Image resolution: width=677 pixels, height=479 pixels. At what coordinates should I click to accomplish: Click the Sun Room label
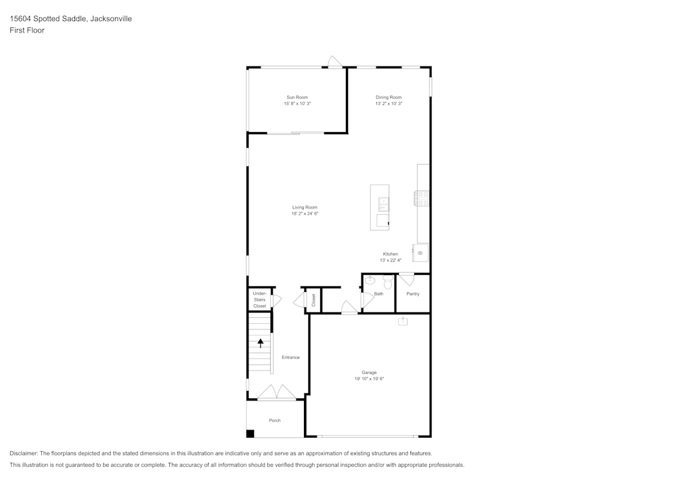297,98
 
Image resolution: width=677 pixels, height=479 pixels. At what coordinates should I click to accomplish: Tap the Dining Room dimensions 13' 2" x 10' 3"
389,104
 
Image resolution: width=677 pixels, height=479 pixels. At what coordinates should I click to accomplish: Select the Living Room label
305,207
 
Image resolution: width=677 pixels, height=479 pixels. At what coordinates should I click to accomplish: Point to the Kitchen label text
391,254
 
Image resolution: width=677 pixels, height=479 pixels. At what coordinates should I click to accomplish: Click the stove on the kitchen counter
422,197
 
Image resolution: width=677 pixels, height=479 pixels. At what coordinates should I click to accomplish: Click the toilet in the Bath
388,281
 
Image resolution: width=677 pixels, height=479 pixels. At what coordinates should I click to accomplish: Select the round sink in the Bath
370,280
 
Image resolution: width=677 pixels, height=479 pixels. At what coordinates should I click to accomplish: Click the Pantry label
413,294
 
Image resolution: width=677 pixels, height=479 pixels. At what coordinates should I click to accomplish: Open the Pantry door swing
406,278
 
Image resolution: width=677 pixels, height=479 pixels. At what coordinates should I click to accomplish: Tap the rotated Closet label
313,299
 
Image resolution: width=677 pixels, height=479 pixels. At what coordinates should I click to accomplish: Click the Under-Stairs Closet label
260,299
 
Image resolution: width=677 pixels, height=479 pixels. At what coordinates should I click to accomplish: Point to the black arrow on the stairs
260,343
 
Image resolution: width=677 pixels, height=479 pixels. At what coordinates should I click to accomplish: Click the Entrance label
290,357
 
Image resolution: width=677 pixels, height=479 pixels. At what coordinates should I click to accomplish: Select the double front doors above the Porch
276,392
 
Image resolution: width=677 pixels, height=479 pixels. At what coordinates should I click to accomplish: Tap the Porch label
275,420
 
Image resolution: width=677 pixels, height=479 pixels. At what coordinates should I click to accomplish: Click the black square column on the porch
250,434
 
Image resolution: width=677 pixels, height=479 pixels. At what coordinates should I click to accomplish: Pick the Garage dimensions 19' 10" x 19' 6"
369,379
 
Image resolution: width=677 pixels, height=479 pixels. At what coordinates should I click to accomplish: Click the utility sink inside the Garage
403,321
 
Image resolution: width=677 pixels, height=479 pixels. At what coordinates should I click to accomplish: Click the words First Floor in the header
27,30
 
